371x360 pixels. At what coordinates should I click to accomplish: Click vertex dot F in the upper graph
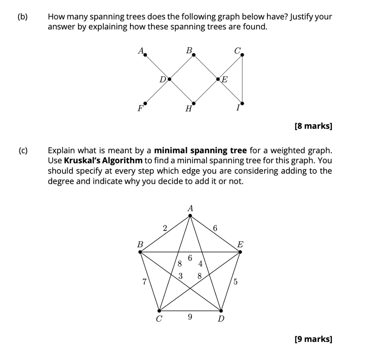tap(145, 103)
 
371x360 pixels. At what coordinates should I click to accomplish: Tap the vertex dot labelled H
tap(193, 103)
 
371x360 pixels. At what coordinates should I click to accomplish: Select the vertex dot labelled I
tap(242, 103)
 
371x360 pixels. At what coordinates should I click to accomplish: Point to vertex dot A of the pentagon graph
tap(190, 216)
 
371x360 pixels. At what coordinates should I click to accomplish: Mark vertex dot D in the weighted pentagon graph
tap(221, 311)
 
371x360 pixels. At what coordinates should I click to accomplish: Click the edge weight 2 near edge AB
tap(165, 228)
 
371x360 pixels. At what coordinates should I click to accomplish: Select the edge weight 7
tap(145, 281)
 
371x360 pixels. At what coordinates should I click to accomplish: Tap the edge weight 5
tap(235, 281)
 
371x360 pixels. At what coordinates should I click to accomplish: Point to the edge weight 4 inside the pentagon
tap(200, 263)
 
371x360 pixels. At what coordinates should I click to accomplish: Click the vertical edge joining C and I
tap(242, 79)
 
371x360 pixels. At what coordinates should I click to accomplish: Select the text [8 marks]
tap(313, 126)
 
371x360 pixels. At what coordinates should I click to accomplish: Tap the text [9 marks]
tap(313, 339)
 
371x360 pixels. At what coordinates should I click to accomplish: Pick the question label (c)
tap(23, 150)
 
